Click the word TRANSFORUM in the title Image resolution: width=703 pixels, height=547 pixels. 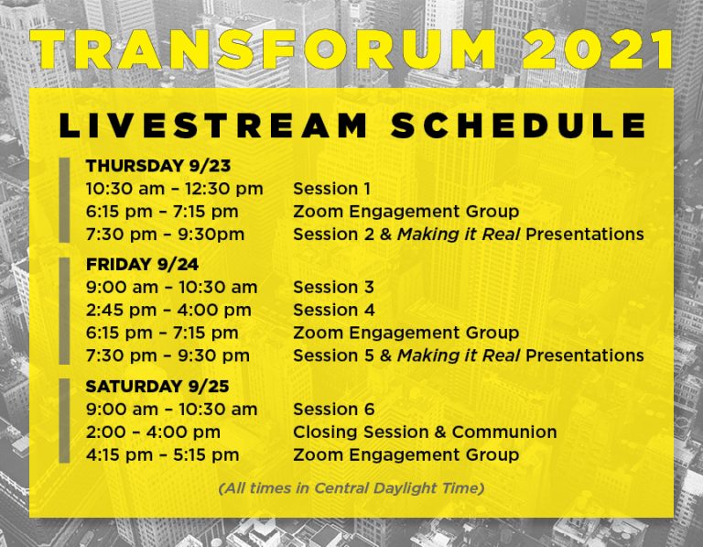click(x=263, y=49)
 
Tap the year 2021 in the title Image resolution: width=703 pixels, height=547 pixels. click(x=599, y=49)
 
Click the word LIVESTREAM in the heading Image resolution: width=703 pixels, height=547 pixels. click(x=213, y=126)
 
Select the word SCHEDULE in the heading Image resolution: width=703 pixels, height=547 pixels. click(x=518, y=126)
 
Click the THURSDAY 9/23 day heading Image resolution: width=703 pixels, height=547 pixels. click(x=158, y=166)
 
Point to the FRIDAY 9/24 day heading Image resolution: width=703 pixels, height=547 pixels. click(x=142, y=264)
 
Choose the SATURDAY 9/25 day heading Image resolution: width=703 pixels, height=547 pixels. click(x=157, y=387)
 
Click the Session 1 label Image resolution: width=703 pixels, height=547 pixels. click(x=331, y=189)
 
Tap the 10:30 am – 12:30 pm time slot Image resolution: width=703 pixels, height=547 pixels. click(x=175, y=189)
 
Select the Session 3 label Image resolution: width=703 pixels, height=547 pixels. click(x=333, y=287)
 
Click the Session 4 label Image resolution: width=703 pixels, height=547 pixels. click(x=334, y=310)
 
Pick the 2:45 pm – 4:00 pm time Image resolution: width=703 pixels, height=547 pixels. click(x=168, y=310)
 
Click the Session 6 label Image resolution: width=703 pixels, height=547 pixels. click(x=334, y=410)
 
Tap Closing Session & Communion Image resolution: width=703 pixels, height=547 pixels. click(x=425, y=432)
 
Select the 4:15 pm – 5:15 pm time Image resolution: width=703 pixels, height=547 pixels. click(x=163, y=455)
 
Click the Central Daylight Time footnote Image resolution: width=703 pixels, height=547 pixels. click(x=351, y=488)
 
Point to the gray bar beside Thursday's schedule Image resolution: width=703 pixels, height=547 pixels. click(x=65, y=200)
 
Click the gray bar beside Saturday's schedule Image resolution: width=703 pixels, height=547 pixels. click(x=65, y=421)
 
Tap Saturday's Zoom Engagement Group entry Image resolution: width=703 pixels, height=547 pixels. click(x=406, y=455)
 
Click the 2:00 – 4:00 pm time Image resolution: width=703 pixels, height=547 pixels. click(x=154, y=432)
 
